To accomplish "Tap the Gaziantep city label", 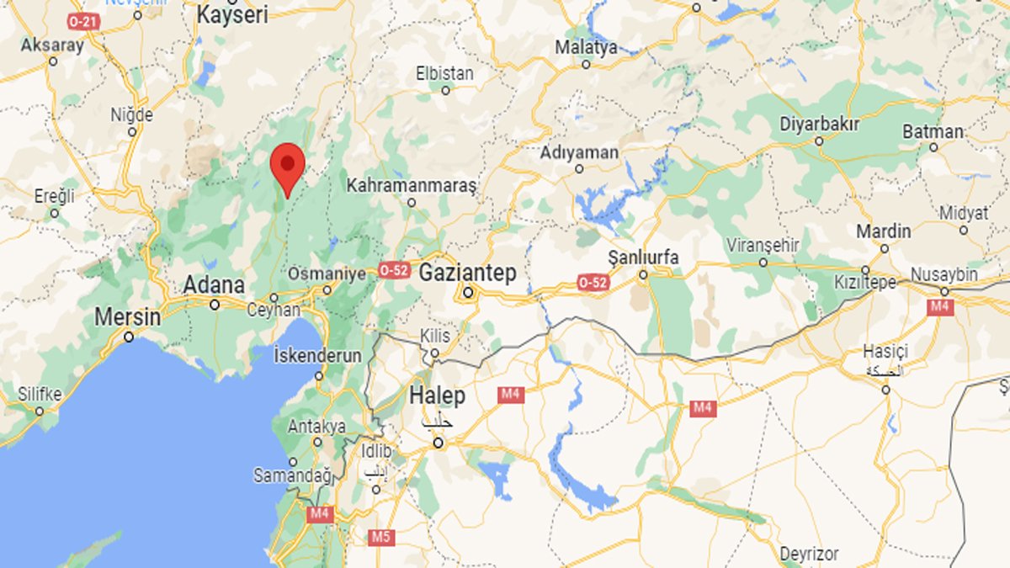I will (467, 273).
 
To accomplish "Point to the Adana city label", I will (215, 285).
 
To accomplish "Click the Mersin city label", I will (127, 317).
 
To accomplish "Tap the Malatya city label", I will (586, 48).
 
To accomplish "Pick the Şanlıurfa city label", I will (643, 257).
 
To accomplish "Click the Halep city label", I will (436, 395).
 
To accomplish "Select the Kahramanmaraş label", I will (412, 184).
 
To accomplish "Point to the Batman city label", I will (933, 131).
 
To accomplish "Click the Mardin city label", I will (884, 231).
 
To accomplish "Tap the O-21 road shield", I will (83, 20).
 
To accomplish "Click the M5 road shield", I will (382, 536).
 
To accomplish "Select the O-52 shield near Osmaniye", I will (394, 270).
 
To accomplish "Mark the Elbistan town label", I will (444, 74).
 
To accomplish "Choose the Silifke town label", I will (40, 393).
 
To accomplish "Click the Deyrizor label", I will (809, 554).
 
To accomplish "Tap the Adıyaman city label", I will (579, 152).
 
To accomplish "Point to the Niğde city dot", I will (132, 131).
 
